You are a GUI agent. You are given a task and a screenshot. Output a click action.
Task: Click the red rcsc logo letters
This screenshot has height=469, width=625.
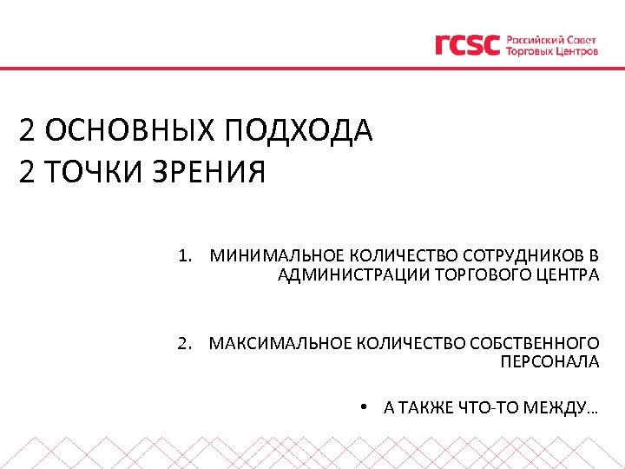click(x=467, y=44)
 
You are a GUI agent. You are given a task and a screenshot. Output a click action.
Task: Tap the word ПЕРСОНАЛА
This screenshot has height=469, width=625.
click(x=549, y=362)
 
